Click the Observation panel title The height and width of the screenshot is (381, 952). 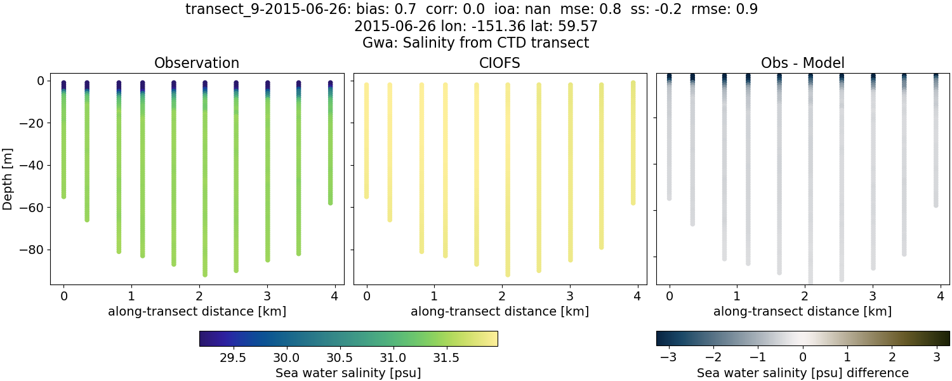(x=197, y=63)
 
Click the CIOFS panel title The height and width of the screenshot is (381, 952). (x=499, y=63)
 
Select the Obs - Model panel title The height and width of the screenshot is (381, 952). (x=802, y=63)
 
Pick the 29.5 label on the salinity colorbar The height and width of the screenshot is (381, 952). (x=233, y=358)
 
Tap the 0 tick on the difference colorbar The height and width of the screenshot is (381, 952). (x=803, y=358)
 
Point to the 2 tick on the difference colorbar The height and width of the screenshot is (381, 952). (x=892, y=358)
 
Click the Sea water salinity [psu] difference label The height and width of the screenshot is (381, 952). (x=802, y=373)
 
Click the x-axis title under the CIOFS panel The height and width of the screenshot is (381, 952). (x=499, y=312)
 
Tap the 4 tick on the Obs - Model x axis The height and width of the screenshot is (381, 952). (x=940, y=296)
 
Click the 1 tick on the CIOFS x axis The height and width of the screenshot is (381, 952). (x=434, y=296)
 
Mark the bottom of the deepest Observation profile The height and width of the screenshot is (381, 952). (x=205, y=274)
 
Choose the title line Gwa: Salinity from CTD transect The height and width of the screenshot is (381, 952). (x=476, y=43)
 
